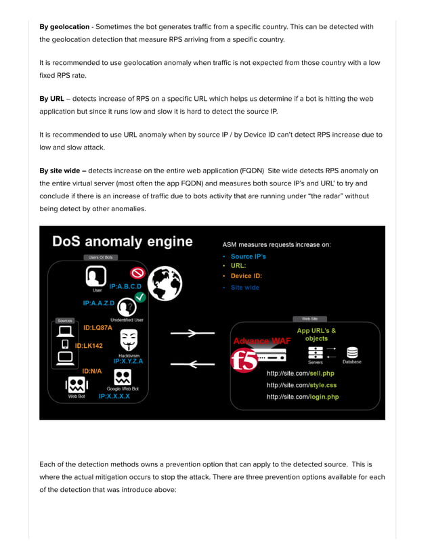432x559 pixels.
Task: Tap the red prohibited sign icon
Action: [138, 273]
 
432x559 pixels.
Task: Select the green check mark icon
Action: [139, 297]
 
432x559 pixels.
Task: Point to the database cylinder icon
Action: [352, 353]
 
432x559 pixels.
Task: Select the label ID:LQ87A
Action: [98, 328]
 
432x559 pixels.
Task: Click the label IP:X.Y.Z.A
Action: [128, 361]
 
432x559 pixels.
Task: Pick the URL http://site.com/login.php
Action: [302, 397]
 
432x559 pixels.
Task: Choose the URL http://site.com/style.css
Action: [301, 385]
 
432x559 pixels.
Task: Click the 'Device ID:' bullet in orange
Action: [246, 276]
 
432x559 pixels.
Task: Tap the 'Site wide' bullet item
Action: [244, 288]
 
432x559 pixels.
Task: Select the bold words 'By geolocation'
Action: [64, 26]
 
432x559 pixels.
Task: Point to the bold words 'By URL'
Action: [52, 99]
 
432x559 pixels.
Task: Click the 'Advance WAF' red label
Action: [261, 340]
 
